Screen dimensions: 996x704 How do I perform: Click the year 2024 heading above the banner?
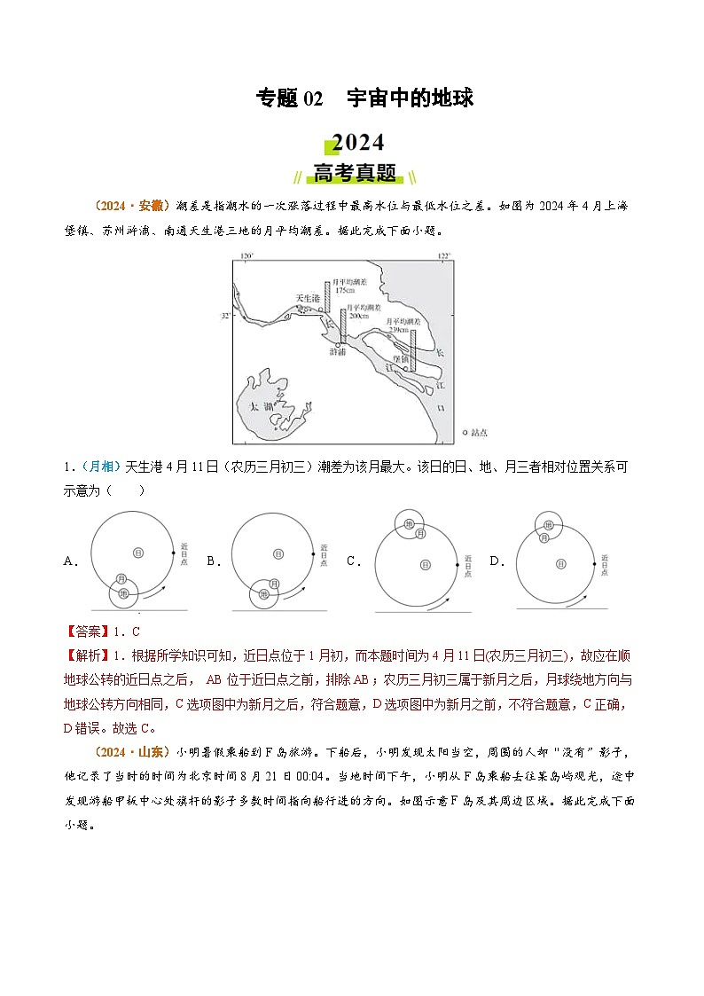point(357,144)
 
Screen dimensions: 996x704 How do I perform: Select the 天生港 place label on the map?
point(307,298)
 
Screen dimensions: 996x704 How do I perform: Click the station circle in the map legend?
point(466,433)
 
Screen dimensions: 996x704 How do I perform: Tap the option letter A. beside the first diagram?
point(70,561)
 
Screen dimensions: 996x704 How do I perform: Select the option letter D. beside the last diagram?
point(497,561)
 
